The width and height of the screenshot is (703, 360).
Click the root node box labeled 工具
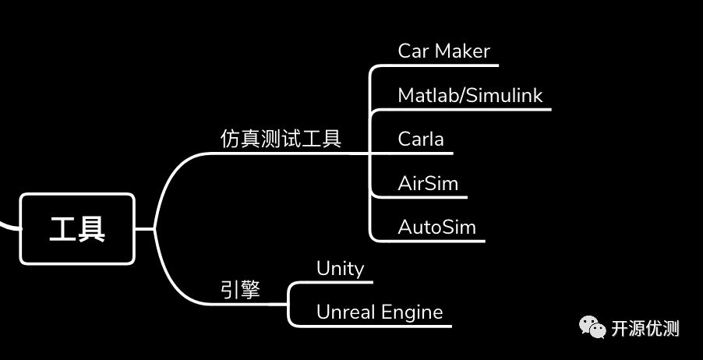(x=77, y=229)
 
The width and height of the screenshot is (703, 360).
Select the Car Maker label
(x=443, y=51)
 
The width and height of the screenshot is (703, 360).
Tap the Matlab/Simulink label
(x=470, y=96)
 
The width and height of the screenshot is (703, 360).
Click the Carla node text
(x=421, y=139)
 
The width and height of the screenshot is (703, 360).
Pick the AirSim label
(x=428, y=184)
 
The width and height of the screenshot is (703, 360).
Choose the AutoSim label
(x=436, y=228)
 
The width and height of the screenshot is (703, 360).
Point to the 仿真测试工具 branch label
(x=281, y=139)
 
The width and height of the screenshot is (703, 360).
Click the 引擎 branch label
(x=240, y=290)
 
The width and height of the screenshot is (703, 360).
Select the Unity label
(x=340, y=269)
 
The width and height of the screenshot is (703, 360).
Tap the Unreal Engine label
(x=380, y=312)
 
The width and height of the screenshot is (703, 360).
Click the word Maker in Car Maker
(x=462, y=51)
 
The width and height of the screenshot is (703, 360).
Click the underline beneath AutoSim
(x=436, y=241)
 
